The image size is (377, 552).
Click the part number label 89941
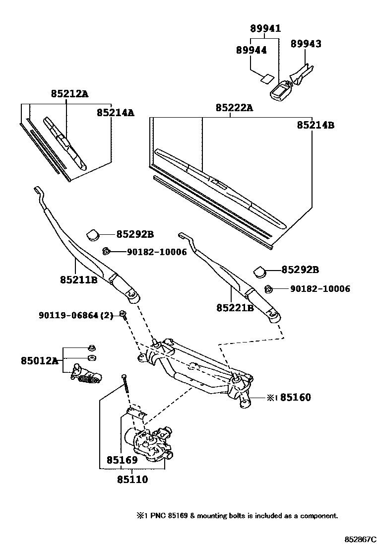(x=265, y=29)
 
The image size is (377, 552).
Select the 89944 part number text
(x=251, y=50)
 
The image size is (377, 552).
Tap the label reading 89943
(x=306, y=44)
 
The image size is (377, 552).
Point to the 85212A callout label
(x=69, y=94)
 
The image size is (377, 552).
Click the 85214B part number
(x=315, y=125)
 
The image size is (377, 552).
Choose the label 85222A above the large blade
(x=234, y=108)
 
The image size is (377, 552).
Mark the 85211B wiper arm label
(x=78, y=280)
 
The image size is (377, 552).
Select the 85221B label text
(x=235, y=308)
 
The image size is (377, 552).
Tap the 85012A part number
(x=40, y=360)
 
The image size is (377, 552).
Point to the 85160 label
(x=296, y=397)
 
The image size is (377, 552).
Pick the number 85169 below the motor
(x=121, y=460)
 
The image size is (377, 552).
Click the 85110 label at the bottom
(x=132, y=480)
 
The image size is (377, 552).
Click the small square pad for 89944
(x=267, y=78)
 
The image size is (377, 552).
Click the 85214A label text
(x=115, y=113)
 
